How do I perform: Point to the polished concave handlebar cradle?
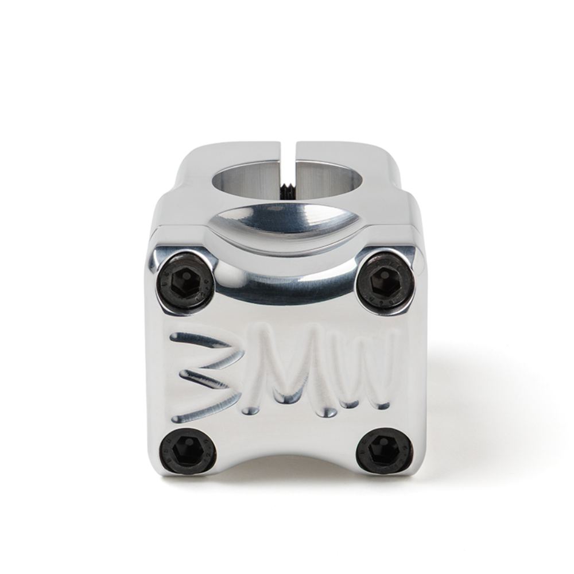click(287, 221)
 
